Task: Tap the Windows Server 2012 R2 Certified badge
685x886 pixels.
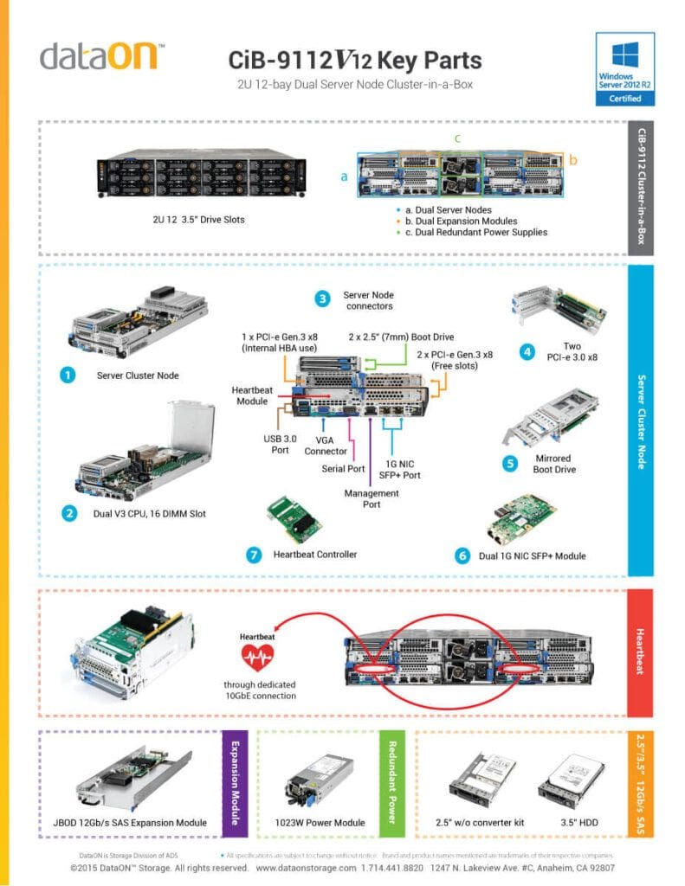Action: (625, 69)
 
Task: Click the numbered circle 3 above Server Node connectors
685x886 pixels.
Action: (322, 299)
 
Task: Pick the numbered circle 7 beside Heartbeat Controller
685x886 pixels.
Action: (254, 555)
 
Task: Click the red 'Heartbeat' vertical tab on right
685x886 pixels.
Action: (640, 653)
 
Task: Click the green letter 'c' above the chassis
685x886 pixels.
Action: (457, 138)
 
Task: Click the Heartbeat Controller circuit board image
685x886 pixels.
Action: (296, 518)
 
